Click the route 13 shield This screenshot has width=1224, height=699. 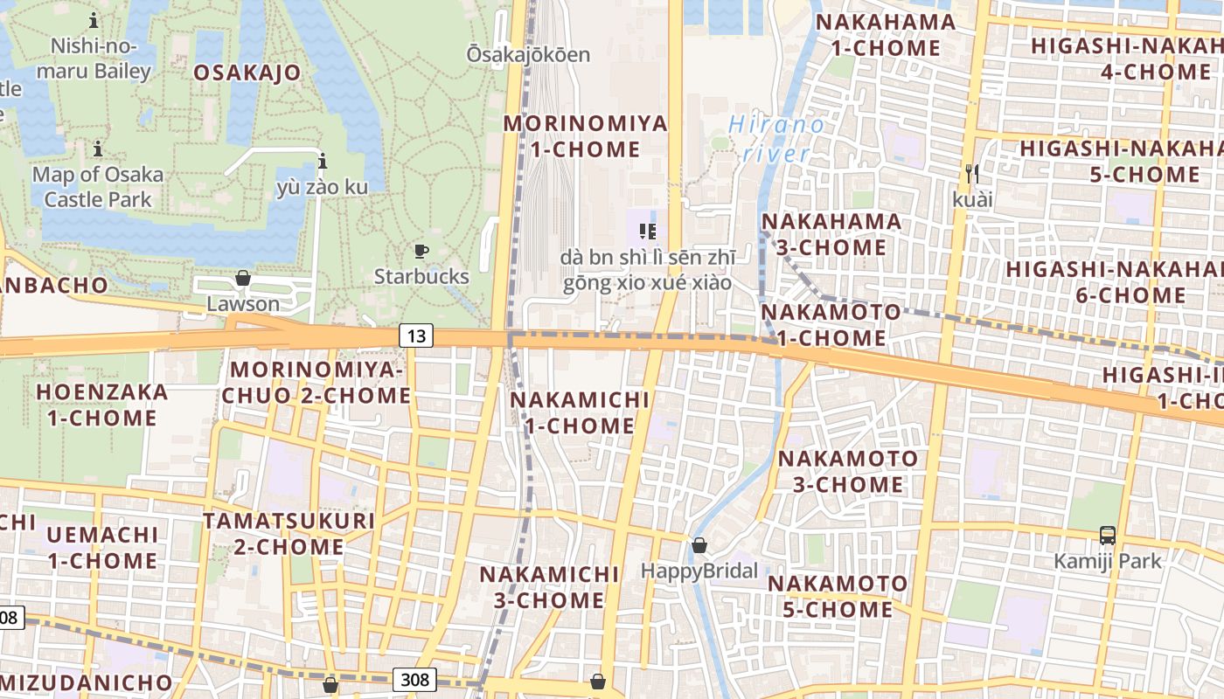point(418,335)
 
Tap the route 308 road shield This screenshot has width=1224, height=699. point(416,679)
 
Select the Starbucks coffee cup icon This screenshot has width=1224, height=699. point(421,252)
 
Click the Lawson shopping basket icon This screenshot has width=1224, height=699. point(243,279)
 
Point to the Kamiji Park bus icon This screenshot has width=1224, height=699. point(1107,536)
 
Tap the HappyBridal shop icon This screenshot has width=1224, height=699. point(699,546)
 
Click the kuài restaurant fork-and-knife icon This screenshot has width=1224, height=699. point(972,174)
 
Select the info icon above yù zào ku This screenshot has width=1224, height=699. point(323,161)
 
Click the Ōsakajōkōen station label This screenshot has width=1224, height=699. point(528,54)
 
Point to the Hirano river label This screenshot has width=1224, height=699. point(776,139)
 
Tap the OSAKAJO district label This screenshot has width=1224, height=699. point(247,73)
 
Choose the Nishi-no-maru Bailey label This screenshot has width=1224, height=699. point(100,59)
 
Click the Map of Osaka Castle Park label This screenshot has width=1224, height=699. point(98,186)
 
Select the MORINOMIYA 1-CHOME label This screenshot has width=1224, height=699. point(585,135)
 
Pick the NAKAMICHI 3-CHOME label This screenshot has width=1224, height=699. point(549,587)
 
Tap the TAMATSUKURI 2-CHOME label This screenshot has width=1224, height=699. point(289,534)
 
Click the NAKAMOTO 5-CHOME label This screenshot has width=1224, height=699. point(838,596)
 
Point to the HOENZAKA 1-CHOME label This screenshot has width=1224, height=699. point(102,405)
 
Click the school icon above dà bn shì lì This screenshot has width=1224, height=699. point(648,232)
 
